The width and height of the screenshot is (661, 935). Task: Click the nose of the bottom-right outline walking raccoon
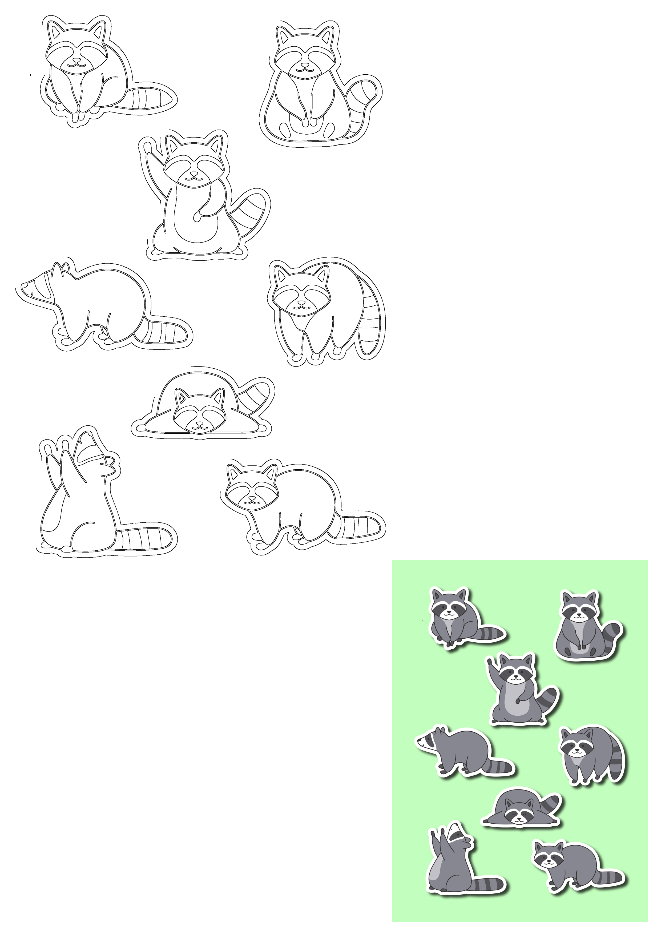point(252,498)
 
